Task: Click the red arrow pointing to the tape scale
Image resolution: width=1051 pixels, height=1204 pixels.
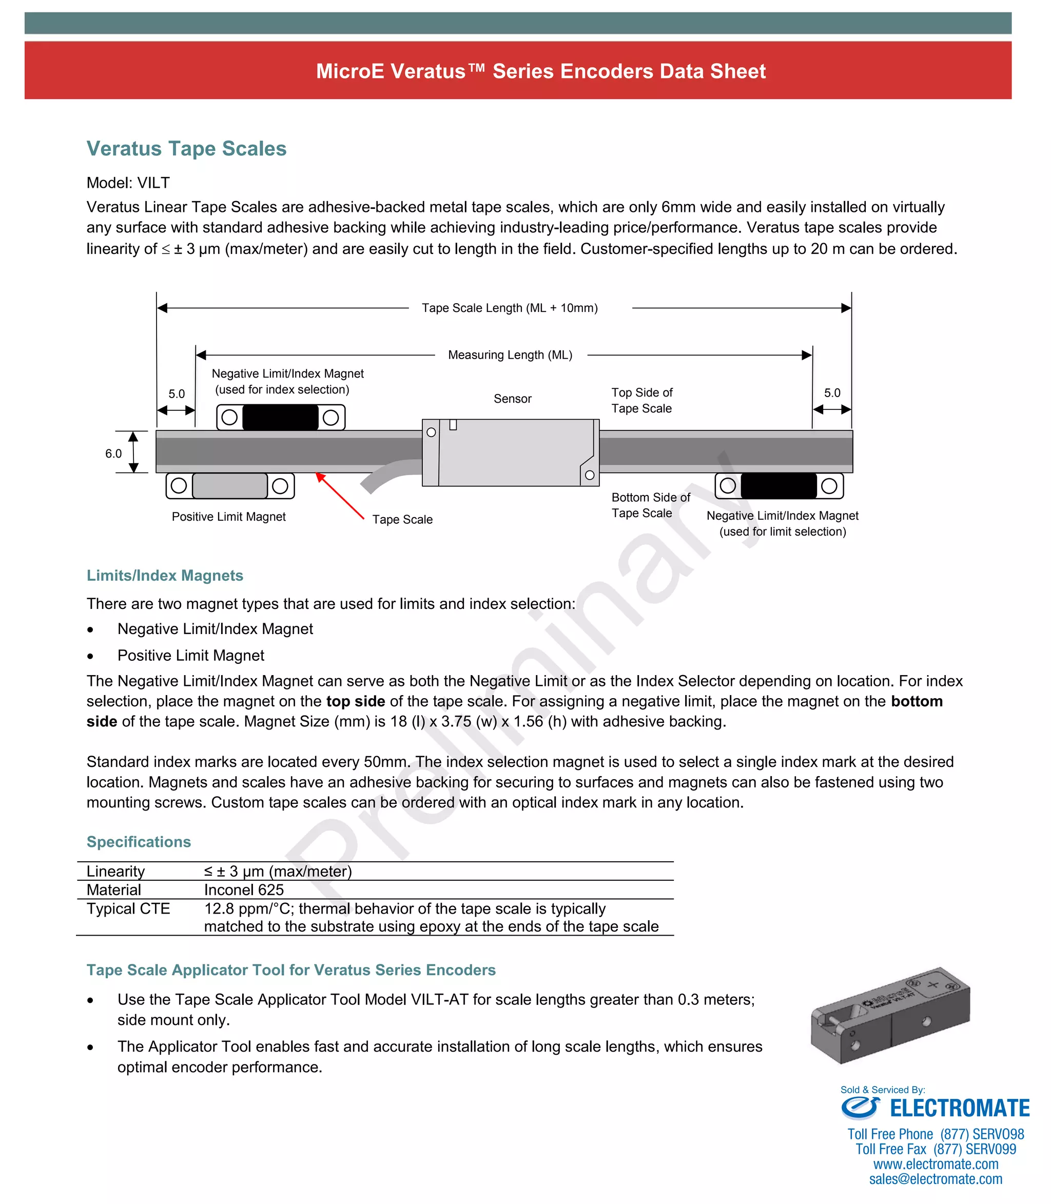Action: pos(340,496)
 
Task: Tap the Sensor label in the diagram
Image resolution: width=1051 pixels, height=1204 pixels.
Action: pos(512,399)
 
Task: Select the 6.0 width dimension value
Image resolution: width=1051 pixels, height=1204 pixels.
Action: pos(113,453)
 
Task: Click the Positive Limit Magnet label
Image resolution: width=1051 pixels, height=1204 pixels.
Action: pos(229,517)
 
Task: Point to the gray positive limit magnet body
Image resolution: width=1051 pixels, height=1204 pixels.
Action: pos(230,486)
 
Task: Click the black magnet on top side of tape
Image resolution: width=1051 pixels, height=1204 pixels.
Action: pos(280,418)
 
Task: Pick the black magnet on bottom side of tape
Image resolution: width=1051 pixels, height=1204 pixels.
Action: pos(778,486)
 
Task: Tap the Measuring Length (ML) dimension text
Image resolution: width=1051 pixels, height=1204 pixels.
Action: pos(510,354)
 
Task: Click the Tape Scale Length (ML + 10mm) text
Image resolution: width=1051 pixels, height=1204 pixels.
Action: pos(510,308)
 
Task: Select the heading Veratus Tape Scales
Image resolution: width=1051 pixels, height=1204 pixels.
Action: pos(186,148)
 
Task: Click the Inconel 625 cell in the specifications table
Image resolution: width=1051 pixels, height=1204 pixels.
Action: pos(244,890)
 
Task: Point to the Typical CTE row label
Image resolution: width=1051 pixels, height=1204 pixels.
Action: pos(128,909)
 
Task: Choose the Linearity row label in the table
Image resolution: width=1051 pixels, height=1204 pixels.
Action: pos(115,871)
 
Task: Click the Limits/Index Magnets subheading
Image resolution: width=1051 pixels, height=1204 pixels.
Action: pos(165,575)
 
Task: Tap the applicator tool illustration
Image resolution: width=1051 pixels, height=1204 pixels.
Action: pos(890,1016)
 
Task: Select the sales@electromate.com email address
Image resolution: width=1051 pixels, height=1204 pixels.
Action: pos(936,1179)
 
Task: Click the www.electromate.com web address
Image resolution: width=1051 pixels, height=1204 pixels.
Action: pos(936,1164)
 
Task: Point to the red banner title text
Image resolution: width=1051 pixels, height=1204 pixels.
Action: pos(541,71)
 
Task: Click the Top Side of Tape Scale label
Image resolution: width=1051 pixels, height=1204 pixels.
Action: pos(641,400)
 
